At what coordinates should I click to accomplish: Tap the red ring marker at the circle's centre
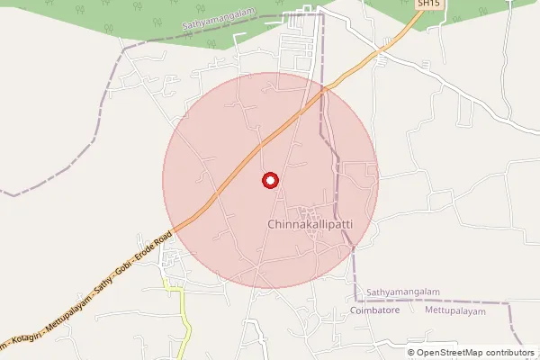[269, 181]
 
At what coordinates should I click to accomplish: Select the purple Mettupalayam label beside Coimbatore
[454, 310]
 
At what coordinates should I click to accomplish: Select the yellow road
[184, 319]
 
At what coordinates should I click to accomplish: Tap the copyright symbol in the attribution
[410, 353]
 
